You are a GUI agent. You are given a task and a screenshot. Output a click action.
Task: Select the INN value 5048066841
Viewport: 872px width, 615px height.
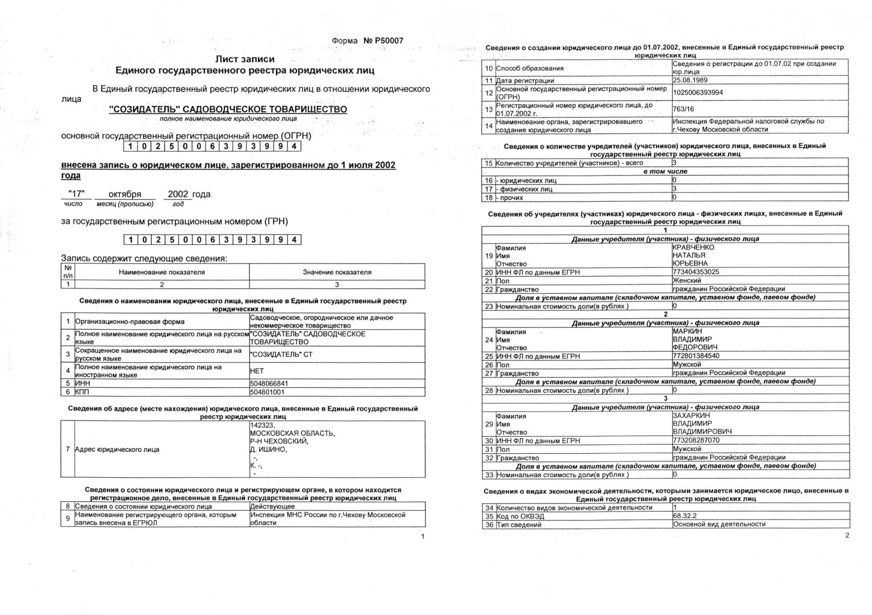click(x=269, y=383)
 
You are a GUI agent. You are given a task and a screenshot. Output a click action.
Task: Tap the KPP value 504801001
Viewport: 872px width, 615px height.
click(x=267, y=392)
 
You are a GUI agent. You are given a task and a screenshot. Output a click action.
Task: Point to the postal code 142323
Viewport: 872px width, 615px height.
click(x=262, y=425)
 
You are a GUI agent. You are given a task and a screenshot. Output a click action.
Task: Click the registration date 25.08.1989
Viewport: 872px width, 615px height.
click(x=690, y=80)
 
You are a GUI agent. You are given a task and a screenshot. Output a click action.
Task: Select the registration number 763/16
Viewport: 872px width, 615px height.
click(x=683, y=109)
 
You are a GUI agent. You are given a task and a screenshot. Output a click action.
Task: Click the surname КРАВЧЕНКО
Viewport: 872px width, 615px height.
click(x=694, y=247)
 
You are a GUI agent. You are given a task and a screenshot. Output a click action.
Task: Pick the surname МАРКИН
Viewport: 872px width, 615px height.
click(x=687, y=331)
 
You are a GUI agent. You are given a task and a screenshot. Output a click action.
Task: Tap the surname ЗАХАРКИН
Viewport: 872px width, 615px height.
click(x=691, y=416)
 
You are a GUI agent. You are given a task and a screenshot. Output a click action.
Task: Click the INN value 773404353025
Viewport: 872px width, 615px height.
click(x=696, y=272)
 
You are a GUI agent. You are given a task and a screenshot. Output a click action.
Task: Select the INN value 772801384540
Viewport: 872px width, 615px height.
click(x=696, y=356)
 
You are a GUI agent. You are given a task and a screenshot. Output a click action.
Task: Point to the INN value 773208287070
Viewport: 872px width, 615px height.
click(x=696, y=440)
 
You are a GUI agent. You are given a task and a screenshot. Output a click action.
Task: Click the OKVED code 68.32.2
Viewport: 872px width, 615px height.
click(x=685, y=516)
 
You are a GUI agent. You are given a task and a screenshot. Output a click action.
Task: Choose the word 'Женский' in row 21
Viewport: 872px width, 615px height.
click(x=687, y=281)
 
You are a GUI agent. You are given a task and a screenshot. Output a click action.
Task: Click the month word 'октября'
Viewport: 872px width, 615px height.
click(x=125, y=194)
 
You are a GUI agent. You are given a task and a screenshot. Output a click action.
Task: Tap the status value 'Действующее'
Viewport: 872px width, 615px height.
click(x=272, y=506)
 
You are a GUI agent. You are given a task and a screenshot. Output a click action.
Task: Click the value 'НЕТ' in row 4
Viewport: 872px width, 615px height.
click(x=257, y=371)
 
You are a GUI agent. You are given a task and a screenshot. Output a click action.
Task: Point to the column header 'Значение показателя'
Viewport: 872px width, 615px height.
click(x=337, y=272)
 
